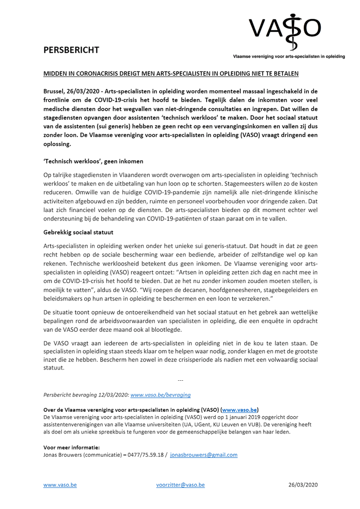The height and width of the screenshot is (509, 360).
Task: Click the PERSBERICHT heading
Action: pyautogui.click(x=71, y=50)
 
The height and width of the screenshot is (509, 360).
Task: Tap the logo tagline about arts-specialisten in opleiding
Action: pyautogui.click(x=288, y=57)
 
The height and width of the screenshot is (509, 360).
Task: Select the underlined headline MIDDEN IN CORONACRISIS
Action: pyautogui.click(x=171, y=73)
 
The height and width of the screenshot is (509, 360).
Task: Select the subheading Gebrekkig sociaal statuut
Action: pyautogui.click(x=78, y=232)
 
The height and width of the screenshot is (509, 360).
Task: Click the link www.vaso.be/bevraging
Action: pyautogui.click(x=160, y=395)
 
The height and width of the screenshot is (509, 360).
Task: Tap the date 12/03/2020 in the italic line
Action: pyautogui.click(x=113, y=395)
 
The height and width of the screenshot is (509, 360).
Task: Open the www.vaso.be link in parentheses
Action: pyautogui.click(x=239, y=410)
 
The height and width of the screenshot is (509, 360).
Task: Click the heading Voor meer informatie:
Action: pyautogui.click(x=71, y=447)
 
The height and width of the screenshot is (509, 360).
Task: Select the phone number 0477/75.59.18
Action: pyautogui.click(x=147, y=455)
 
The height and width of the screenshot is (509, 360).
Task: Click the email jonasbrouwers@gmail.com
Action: pyautogui.click(x=204, y=455)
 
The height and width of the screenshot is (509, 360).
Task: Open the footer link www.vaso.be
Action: pyautogui.click(x=60, y=485)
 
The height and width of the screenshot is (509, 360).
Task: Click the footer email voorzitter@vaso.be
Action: pyautogui.click(x=180, y=485)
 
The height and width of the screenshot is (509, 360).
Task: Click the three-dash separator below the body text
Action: pyautogui.click(x=180, y=381)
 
